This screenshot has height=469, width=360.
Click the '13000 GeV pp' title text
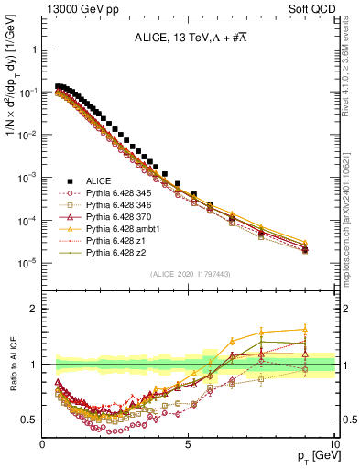click(80, 8)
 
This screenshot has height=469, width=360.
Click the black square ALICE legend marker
click(69, 180)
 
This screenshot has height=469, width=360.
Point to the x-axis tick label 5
click(188, 443)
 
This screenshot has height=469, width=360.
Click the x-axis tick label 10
click(333, 443)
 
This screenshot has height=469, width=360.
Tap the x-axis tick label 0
click(43, 443)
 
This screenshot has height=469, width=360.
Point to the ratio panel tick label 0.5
click(30, 420)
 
